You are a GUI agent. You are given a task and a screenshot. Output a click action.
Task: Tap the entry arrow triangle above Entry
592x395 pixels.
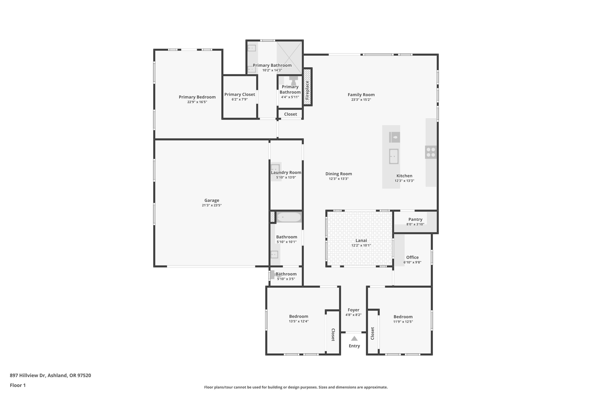354,339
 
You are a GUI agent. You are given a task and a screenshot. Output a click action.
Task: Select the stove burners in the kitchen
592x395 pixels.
431,152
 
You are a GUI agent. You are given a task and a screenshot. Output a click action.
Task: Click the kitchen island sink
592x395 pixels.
394,156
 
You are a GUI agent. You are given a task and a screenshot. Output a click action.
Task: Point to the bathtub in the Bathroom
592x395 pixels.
289,217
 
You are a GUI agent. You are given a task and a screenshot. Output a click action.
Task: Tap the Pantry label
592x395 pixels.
415,219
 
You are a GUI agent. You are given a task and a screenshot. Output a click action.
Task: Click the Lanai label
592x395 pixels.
361,241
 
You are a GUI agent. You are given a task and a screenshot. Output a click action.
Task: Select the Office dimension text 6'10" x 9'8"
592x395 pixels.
412,262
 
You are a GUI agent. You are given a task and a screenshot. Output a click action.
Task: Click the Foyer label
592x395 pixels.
353,310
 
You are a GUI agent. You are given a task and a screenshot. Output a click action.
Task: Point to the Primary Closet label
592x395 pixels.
240,94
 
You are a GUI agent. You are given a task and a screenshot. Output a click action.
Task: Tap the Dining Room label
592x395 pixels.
339,174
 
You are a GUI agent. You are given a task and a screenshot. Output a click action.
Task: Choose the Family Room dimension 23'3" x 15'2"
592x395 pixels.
361,100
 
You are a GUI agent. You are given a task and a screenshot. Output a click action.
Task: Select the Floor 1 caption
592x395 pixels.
18,385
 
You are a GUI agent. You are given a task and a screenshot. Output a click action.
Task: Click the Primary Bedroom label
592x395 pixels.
197,97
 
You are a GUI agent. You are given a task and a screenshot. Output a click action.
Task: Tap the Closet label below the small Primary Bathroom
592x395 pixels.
290,114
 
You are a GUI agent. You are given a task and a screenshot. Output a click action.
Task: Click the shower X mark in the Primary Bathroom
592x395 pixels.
289,58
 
